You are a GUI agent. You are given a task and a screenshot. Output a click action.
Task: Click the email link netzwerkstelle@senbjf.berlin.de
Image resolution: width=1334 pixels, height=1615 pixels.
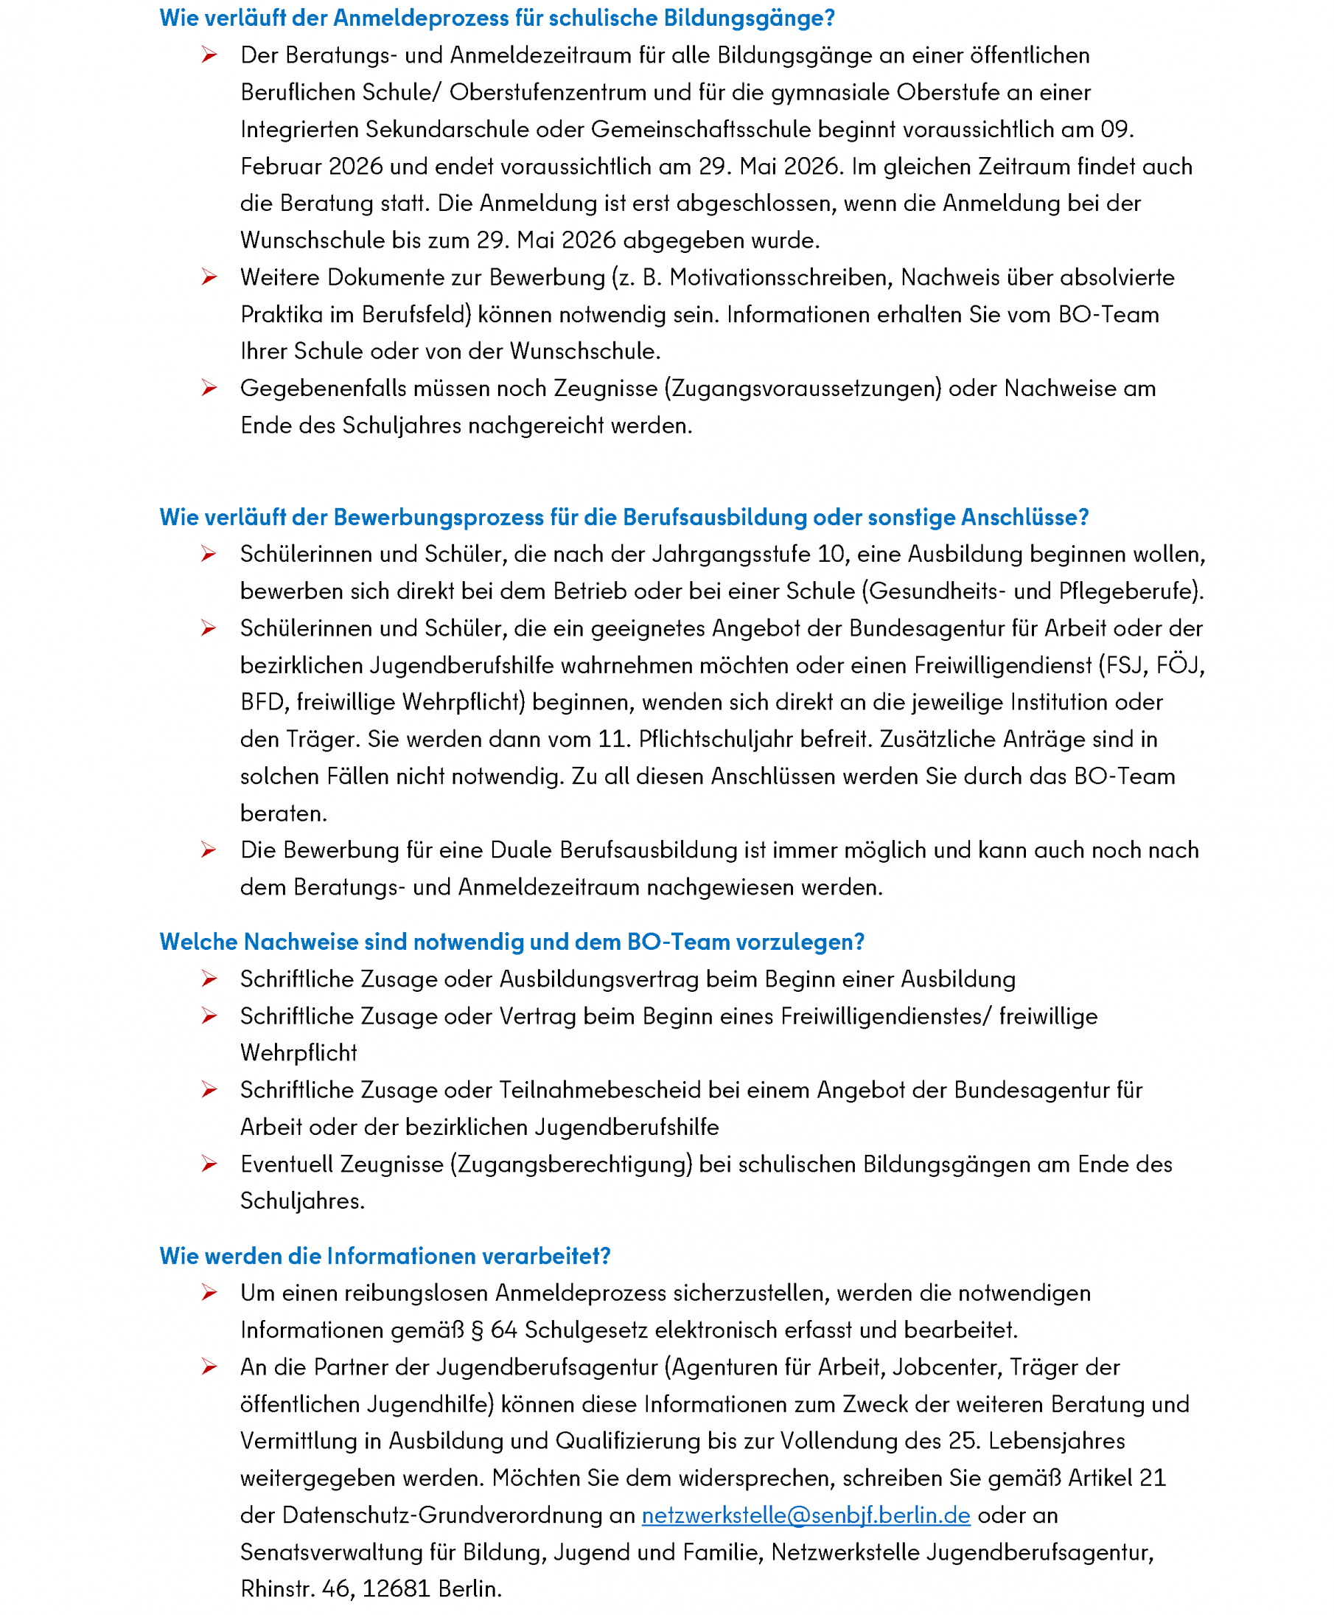coord(806,1514)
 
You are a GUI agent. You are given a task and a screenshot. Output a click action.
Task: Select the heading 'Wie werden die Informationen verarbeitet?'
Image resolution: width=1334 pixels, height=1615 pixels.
coord(385,1255)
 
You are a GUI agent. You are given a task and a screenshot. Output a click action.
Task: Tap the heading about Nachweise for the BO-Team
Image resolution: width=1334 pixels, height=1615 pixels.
coord(511,941)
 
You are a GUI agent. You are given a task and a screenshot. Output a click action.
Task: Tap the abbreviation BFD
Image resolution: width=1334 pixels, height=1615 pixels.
coord(263,702)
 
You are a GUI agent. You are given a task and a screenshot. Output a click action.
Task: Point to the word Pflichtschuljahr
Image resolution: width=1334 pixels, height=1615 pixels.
coord(716,739)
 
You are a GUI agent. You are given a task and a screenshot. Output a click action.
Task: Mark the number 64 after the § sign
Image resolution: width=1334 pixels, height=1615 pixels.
coord(504,1330)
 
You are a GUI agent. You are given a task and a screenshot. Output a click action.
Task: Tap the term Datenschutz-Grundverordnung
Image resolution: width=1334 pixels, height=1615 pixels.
coord(443,1514)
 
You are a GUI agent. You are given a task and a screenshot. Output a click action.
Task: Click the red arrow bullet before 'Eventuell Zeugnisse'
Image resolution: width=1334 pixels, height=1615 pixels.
coord(209,1164)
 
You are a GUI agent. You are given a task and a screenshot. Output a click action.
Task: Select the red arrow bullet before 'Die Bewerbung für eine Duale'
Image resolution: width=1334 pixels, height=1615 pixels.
coord(209,850)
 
